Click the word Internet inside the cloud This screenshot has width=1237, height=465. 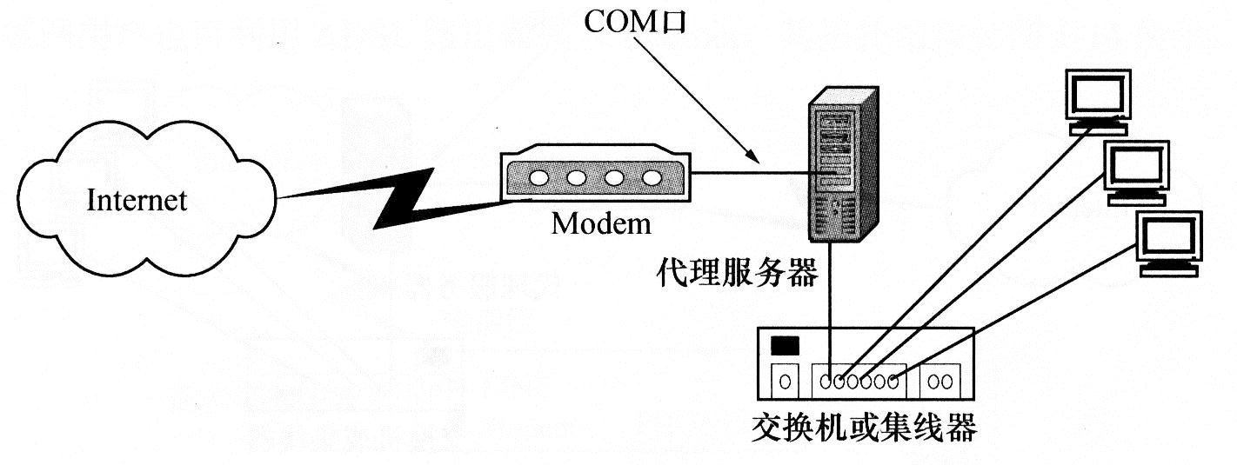pos(137,201)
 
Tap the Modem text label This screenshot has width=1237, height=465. pos(601,223)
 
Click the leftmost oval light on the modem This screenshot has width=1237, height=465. pos(539,179)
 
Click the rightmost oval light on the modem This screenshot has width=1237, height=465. pos(652,179)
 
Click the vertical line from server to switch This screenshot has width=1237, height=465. pos(832,296)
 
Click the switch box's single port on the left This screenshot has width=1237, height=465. pos(786,380)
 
